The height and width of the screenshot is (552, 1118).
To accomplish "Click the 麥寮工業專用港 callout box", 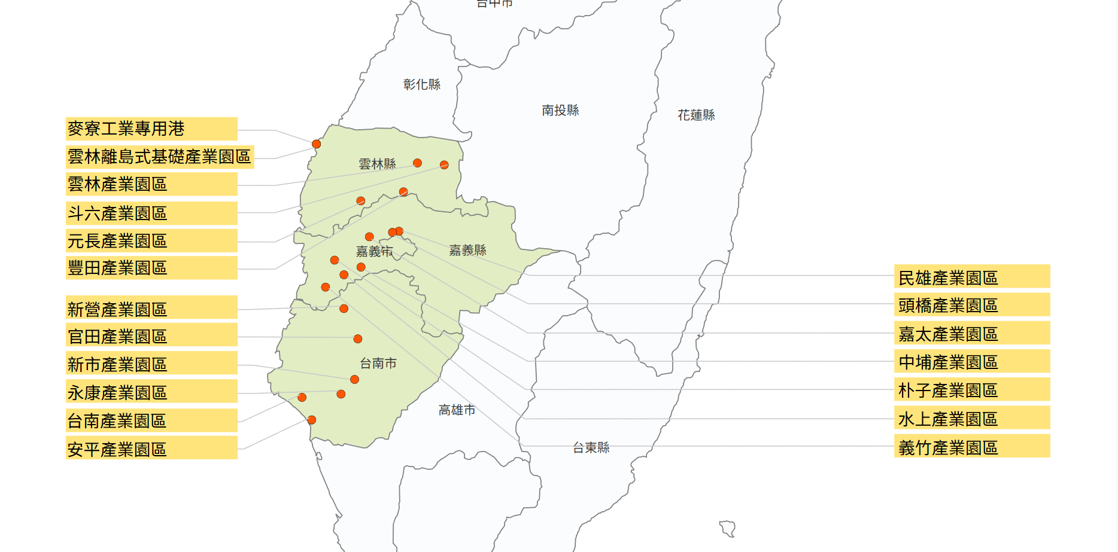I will pyautogui.click(x=151, y=129).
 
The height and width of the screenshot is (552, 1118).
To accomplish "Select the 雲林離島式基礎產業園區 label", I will pyautogui.click(x=160, y=157).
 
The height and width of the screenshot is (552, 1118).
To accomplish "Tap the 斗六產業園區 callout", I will pyautogui.click(x=151, y=214).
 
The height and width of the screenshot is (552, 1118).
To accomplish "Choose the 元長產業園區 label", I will pyautogui.click(x=151, y=241).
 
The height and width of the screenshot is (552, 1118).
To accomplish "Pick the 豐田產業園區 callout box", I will pyautogui.click(x=151, y=268).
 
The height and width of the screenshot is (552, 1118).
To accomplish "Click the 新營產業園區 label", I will pyautogui.click(x=151, y=309).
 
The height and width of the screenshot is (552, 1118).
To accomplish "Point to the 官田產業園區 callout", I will pyautogui.click(x=151, y=336).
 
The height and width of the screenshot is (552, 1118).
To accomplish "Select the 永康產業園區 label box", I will pyautogui.click(x=151, y=392).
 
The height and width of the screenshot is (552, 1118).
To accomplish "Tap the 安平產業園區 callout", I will pyautogui.click(x=151, y=449).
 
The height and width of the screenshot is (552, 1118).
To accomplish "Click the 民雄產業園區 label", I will pyautogui.click(x=971, y=277).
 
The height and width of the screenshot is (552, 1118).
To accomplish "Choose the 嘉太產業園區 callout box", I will pyautogui.click(x=971, y=334).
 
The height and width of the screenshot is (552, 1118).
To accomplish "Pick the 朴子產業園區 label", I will pyautogui.click(x=971, y=390).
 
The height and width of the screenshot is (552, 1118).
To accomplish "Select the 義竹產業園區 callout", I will pyautogui.click(x=971, y=447).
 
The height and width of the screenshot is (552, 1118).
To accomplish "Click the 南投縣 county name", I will pyautogui.click(x=560, y=110).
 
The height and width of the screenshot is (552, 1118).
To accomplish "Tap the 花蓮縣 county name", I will pyautogui.click(x=696, y=115).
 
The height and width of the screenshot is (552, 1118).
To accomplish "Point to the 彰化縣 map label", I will pyautogui.click(x=422, y=84).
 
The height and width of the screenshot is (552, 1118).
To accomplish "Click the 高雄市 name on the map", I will pyautogui.click(x=457, y=410).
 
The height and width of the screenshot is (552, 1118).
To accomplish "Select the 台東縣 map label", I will pyautogui.click(x=591, y=447).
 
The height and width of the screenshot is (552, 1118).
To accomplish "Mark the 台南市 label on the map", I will pyautogui.click(x=378, y=363).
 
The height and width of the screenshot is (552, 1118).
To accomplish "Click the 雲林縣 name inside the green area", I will pyautogui.click(x=377, y=164).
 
